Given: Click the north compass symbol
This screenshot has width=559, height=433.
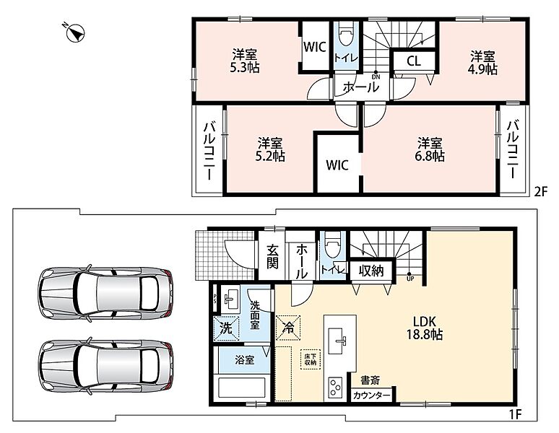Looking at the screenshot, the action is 74,33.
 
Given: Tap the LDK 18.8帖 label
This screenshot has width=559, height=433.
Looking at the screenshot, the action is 425,328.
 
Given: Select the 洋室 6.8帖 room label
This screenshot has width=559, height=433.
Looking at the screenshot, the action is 430,149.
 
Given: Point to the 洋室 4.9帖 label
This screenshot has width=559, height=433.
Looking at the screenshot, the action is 482,63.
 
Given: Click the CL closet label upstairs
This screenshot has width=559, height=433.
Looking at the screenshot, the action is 414,61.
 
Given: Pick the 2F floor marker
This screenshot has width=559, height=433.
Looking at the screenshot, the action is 540,192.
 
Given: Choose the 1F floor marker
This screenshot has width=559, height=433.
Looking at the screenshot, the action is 515,414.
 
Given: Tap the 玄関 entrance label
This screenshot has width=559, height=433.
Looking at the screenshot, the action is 272,257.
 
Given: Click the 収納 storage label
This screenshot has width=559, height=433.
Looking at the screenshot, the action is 371,271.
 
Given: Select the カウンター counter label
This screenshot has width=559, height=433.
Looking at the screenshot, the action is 371,395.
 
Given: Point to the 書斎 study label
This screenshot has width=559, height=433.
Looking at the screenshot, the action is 370,380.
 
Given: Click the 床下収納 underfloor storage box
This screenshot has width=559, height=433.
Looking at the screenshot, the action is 310,359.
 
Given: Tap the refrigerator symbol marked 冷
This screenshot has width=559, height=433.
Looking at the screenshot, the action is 288,328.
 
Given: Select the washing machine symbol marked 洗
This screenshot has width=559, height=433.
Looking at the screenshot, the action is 225,328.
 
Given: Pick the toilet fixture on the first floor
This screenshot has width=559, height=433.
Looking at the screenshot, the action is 332,244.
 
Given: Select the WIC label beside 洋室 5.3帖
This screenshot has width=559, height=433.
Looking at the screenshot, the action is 315,47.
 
